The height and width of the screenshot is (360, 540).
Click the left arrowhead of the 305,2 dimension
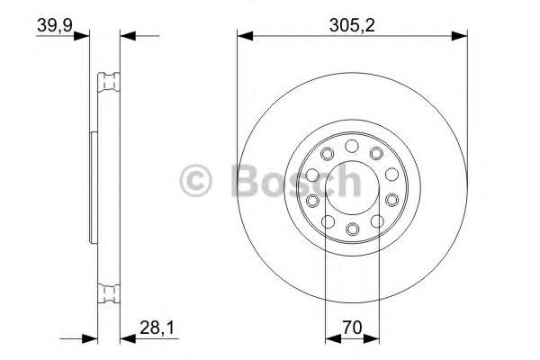point(244,36)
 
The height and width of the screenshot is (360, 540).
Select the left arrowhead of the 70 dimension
point(329,339)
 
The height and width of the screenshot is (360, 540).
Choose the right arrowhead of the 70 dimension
point(374,339)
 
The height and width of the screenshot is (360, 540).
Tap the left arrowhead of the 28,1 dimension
point(90,339)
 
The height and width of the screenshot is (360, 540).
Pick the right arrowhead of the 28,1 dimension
point(125,339)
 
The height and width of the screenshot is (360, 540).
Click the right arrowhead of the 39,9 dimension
point(126,36)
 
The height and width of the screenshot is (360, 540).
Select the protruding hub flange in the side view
point(92,186)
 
